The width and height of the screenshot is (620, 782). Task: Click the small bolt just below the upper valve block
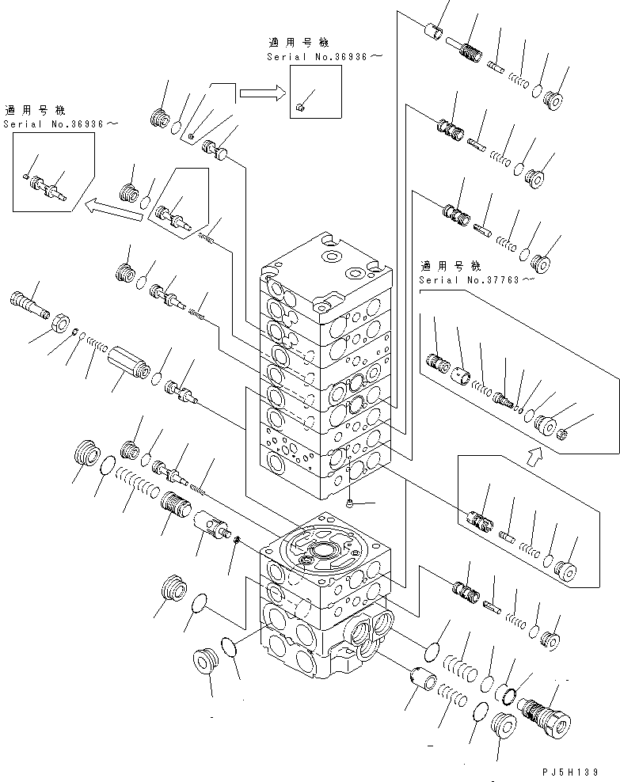pyautogui.click(x=350, y=503)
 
